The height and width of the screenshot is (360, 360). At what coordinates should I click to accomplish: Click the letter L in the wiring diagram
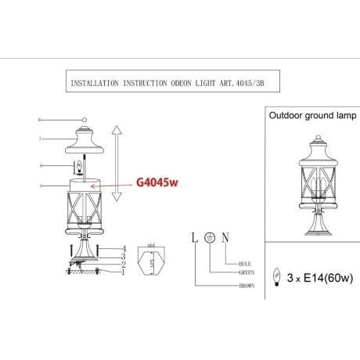(192, 236)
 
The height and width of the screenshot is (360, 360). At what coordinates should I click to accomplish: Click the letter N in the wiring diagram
(225, 236)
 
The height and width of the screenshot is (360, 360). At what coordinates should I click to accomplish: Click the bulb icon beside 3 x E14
(275, 275)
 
